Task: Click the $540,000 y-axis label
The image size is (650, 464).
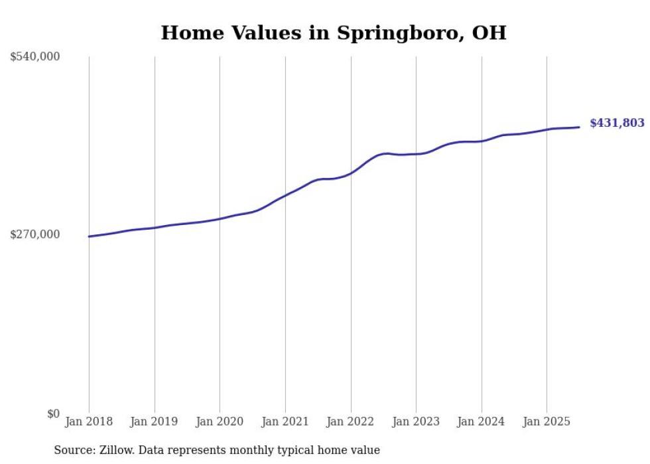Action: (x=35, y=57)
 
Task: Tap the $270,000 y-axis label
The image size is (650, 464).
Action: (x=35, y=234)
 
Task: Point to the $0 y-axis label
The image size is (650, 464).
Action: (x=53, y=414)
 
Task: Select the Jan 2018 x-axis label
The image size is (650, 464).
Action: (x=89, y=422)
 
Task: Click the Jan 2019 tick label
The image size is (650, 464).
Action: (x=154, y=422)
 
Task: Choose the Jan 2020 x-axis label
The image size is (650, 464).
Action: (x=220, y=422)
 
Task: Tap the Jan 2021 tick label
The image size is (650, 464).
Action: (x=285, y=422)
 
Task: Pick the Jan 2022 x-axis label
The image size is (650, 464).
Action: (x=350, y=422)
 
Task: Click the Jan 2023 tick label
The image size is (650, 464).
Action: (x=416, y=422)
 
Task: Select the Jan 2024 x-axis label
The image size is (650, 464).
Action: (x=482, y=422)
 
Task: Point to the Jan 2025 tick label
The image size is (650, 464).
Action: (x=547, y=422)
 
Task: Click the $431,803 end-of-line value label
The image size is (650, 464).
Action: (x=617, y=123)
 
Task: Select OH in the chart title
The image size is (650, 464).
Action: (x=489, y=33)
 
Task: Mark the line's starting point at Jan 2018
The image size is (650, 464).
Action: (x=89, y=236)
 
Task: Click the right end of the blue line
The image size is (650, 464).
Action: (x=580, y=127)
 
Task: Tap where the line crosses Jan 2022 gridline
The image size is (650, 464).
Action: (x=350, y=173)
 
